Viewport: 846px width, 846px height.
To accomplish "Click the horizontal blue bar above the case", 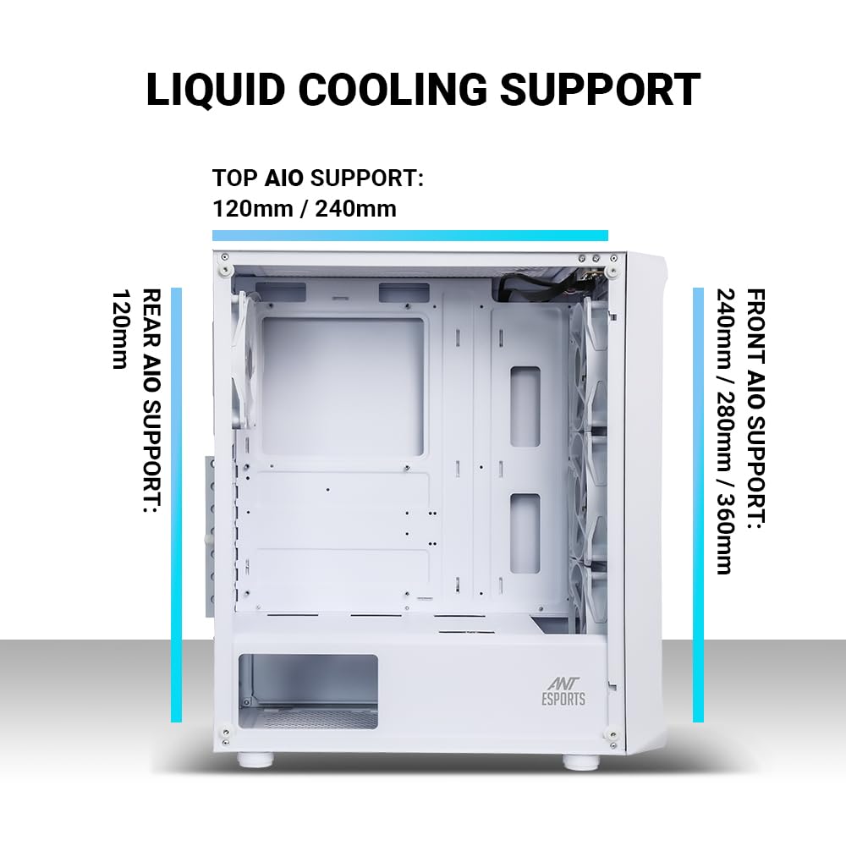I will pyautogui.click(x=409, y=235).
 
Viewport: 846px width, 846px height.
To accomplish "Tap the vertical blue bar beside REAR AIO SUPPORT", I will pyautogui.click(x=176, y=505).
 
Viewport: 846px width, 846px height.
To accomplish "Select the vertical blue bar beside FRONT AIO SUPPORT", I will pyautogui.click(x=698, y=505).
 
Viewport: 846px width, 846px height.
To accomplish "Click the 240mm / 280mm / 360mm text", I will pyautogui.click(x=723, y=431).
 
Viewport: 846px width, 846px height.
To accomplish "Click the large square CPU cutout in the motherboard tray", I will pyautogui.click(x=342, y=386).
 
